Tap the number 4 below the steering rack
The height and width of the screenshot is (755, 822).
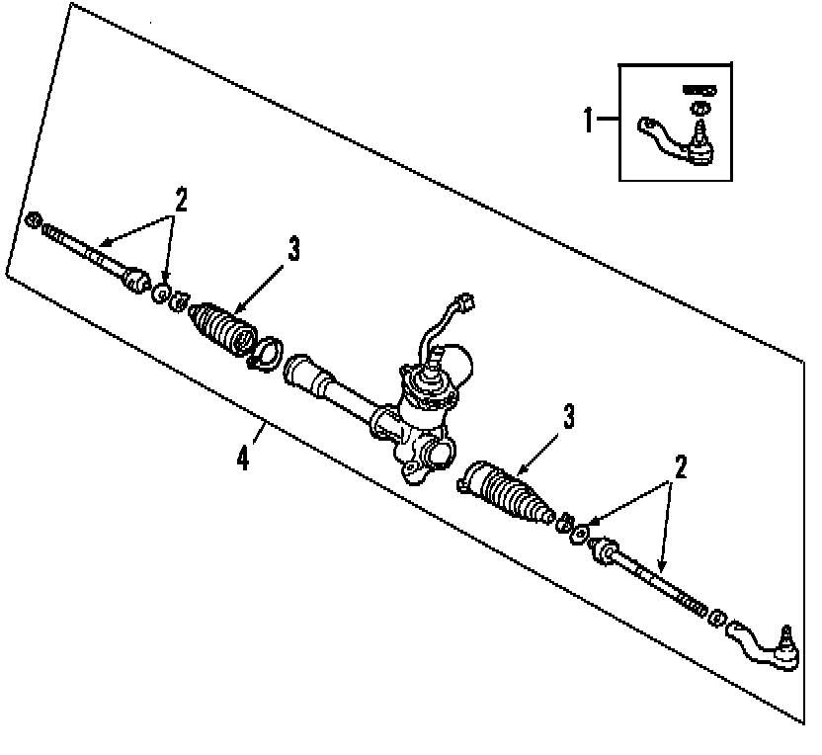[244, 459]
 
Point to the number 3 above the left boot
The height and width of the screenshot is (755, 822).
[293, 250]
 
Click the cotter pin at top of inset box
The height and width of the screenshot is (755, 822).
[699, 90]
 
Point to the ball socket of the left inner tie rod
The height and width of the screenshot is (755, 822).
[136, 279]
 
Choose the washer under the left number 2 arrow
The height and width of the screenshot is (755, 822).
[160, 294]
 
